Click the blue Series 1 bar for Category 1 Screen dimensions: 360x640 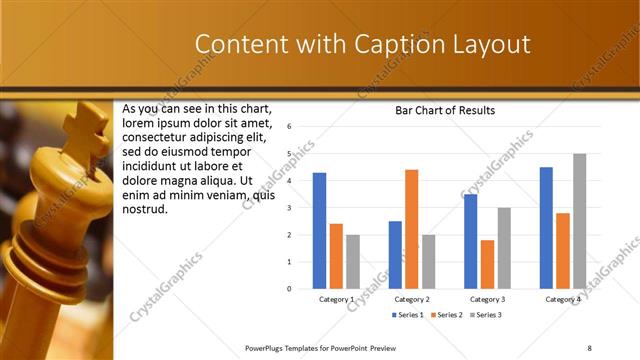coord(319,231)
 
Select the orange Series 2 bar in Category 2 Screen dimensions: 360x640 coord(411,229)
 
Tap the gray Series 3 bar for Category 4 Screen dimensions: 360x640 coord(579,221)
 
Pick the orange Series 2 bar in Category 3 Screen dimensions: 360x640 coord(487,264)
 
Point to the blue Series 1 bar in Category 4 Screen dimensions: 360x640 coord(546,228)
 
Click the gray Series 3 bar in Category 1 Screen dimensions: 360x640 coord(353,262)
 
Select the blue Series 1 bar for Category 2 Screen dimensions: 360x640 coord(395,255)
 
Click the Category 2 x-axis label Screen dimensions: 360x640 coord(412,299)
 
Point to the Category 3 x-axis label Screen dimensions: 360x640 coord(487,299)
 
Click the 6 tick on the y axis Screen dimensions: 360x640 coord(288,127)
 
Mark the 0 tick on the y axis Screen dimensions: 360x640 coord(288,289)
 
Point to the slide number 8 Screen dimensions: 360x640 coord(589,347)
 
